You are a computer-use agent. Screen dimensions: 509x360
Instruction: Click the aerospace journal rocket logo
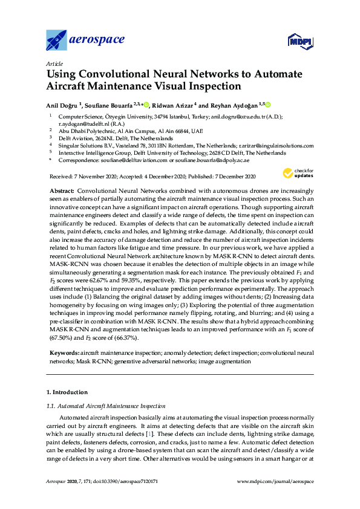coord(57,41)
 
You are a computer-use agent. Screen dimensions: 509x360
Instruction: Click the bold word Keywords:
coord(64,352)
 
